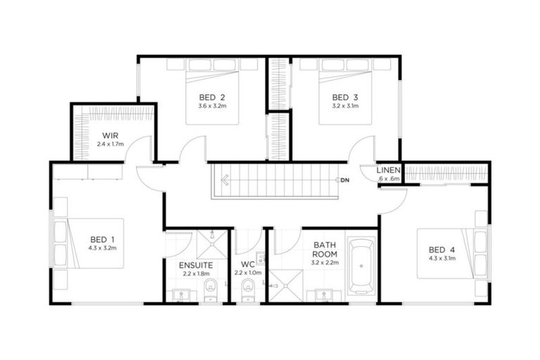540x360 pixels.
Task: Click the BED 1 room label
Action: point(98,238)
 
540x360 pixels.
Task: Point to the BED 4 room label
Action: point(442,249)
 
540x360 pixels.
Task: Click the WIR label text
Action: point(110,134)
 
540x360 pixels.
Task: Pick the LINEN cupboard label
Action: point(389,170)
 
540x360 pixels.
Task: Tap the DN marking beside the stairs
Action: point(345,181)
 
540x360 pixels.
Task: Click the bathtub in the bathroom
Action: point(362,266)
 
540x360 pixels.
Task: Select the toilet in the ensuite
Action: point(210,288)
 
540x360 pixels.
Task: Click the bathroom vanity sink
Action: point(324,294)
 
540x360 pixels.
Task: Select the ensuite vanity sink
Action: point(181,295)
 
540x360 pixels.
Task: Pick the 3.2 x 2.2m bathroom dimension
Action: point(325,263)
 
